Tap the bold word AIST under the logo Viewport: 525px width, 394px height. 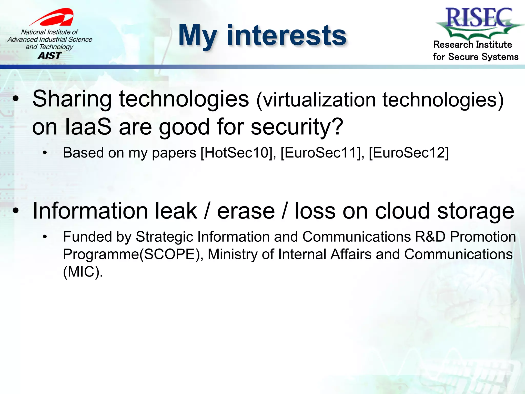(x=50, y=56)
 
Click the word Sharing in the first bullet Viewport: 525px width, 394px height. (x=72, y=99)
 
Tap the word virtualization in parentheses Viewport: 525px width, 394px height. (x=319, y=100)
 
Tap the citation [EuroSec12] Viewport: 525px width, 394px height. (x=409, y=153)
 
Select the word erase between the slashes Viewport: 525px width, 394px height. (x=246, y=211)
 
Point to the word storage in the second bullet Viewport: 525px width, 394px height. (x=476, y=211)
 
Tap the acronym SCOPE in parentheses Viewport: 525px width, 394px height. (x=169, y=254)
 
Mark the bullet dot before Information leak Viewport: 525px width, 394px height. (x=16, y=211)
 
